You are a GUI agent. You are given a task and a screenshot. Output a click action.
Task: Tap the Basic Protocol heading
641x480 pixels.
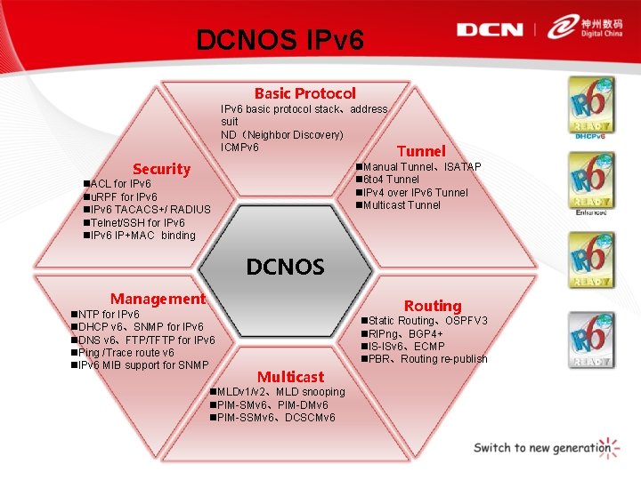(x=304, y=93)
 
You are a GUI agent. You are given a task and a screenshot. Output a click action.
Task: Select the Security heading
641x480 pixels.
(x=161, y=169)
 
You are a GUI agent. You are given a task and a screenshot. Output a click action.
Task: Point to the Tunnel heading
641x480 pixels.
(x=421, y=151)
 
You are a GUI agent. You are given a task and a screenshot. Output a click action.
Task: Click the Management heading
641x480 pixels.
(x=158, y=300)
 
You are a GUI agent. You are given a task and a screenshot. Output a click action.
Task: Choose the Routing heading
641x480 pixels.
(x=433, y=306)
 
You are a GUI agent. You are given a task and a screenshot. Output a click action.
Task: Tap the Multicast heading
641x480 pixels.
(x=290, y=377)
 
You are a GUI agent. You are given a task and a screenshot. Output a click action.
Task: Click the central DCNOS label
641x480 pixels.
(x=285, y=266)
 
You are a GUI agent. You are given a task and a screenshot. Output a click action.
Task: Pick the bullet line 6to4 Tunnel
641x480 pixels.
(x=391, y=180)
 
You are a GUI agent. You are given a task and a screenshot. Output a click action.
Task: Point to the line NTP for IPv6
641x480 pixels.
(x=108, y=315)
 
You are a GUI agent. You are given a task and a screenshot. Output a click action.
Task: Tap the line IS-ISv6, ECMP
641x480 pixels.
(x=405, y=346)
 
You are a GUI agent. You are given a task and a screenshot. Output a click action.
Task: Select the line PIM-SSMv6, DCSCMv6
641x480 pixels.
(x=275, y=418)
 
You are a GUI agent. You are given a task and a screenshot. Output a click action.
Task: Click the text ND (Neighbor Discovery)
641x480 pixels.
(x=281, y=134)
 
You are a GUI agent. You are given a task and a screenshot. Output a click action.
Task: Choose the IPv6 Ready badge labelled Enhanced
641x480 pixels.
(x=591, y=182)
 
